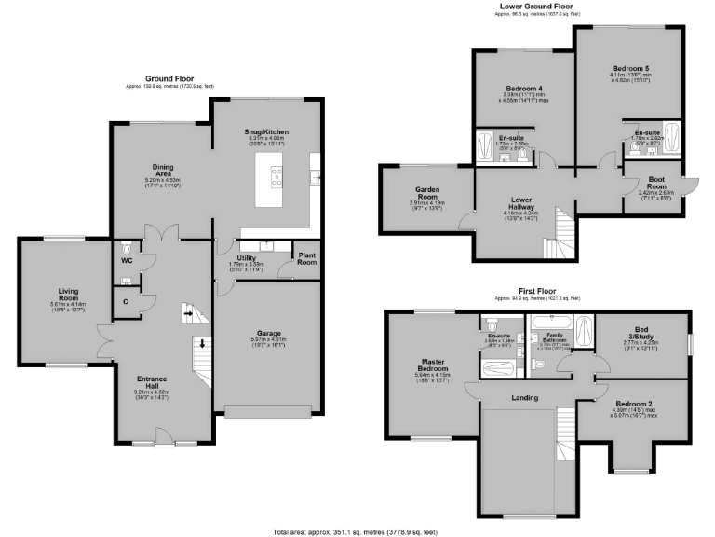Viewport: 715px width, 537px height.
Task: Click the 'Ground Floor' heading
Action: tap(169, 78)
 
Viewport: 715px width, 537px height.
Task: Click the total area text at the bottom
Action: tap(357, 531)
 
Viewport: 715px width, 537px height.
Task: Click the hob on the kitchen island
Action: tap(277, 175)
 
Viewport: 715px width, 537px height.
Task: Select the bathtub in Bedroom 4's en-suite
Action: tap(486, 147)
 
